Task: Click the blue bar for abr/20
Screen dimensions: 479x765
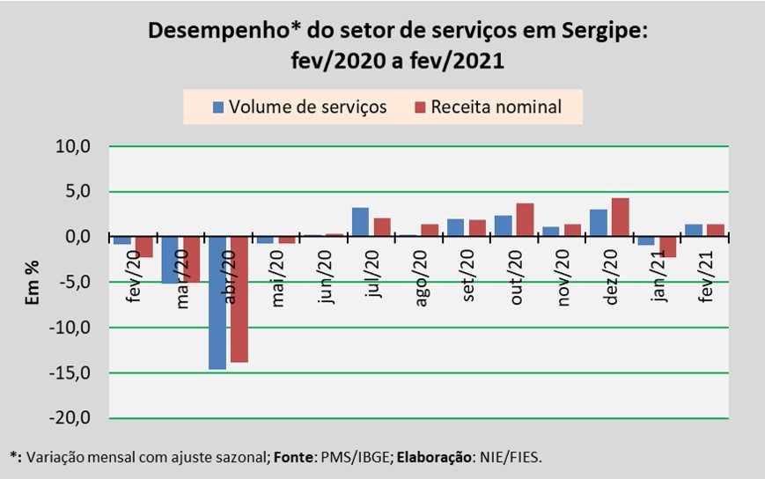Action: coord(217,302)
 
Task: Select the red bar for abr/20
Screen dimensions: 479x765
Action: coord(239,299)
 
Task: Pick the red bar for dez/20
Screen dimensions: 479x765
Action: coord(620,217)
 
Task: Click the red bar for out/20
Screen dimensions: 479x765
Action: coord(525,220)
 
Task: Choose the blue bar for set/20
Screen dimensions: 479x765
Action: coord(455,227)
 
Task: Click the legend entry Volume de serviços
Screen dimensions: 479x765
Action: coord(298,107)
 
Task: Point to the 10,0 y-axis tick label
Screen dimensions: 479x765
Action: coord(74,147)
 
